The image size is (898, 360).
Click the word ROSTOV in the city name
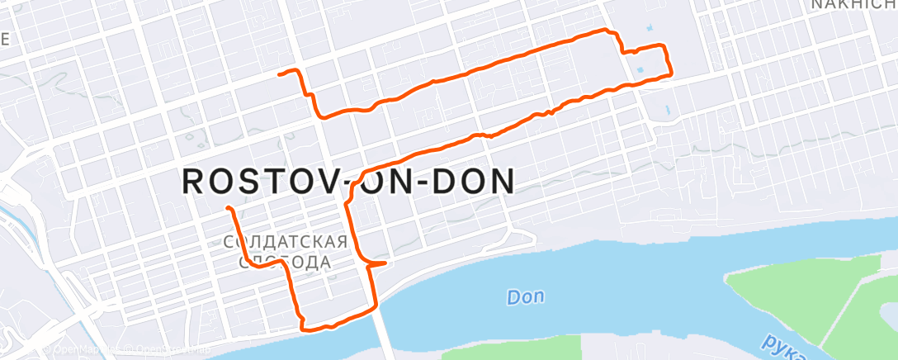[255, 182]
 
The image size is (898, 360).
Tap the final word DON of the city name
[470, 182]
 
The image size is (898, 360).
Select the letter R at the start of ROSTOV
[192, 182]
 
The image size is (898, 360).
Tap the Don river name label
[525, 296]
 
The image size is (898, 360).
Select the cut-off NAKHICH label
[853, 5]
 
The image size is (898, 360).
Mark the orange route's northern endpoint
[281, 74]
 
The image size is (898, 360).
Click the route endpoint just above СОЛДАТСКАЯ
[227, 207]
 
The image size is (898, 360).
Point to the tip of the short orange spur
[385, 263]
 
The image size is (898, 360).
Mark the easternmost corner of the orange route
[670, 72]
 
